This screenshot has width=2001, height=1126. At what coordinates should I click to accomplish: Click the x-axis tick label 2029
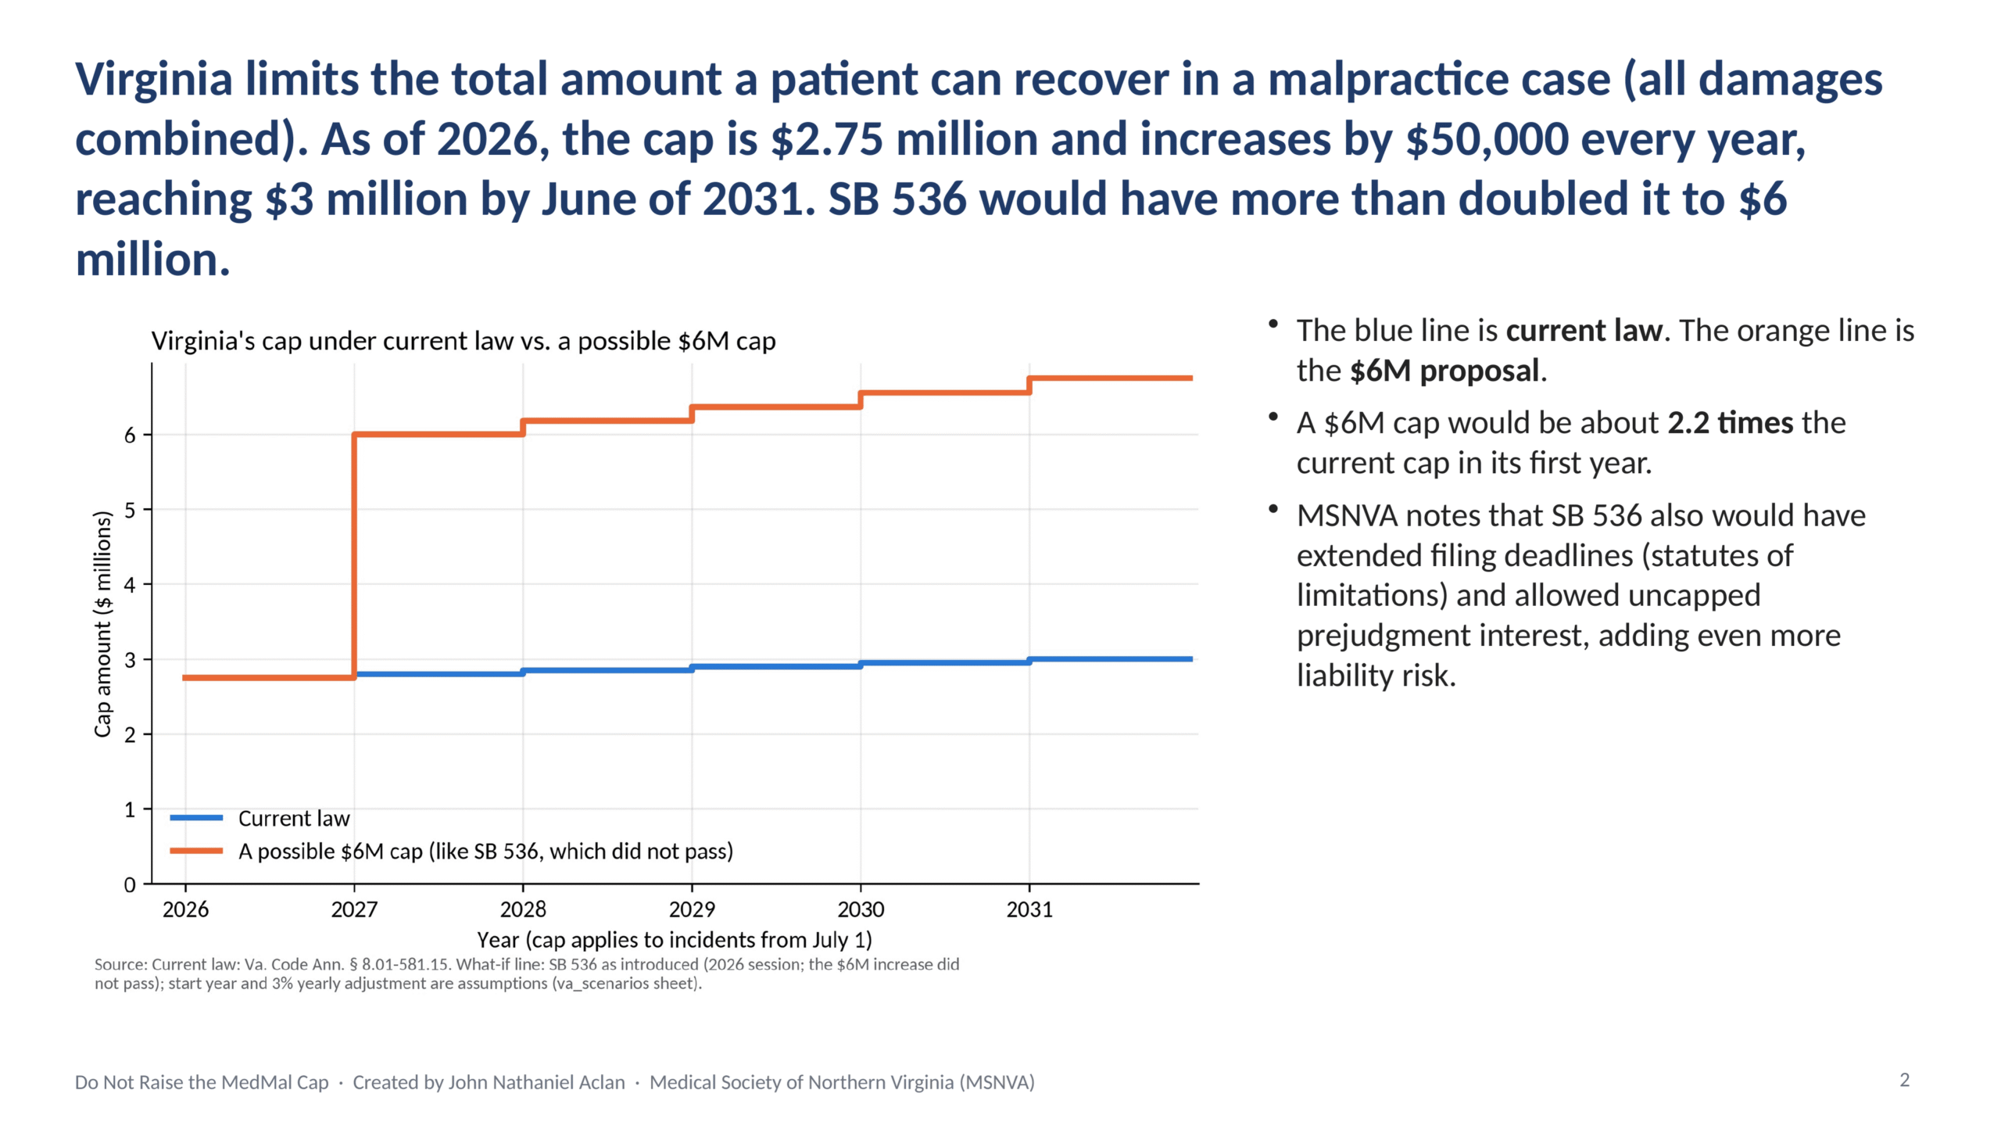point(692,909)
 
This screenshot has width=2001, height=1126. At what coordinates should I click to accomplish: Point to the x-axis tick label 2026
point(185,909)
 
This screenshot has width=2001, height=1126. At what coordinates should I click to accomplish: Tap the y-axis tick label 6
point(130,435)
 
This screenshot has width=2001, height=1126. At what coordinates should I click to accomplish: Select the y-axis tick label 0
point(130,884)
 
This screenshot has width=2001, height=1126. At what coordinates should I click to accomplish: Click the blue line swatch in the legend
point(196,818)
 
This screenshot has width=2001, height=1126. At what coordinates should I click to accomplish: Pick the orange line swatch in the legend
point(196,851)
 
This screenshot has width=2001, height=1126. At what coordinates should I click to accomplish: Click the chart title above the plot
point(464,341)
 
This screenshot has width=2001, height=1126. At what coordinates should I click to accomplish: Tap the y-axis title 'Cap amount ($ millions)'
point(103,624)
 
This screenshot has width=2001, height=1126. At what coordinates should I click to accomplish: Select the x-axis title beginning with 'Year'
point(675,939)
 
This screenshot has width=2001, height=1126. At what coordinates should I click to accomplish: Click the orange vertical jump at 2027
point(354,555)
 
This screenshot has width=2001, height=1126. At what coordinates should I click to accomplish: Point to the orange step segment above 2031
point(1111,378)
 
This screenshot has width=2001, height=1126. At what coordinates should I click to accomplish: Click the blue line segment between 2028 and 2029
point(607,670)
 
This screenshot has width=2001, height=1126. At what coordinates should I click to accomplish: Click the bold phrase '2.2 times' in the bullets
point(1730,423)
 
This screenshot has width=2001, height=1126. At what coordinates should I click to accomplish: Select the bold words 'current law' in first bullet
point(1584,331)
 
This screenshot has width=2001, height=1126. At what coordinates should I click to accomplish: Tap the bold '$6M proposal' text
point(1444,371)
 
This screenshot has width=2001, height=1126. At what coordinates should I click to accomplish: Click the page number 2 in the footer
point(1905,1080)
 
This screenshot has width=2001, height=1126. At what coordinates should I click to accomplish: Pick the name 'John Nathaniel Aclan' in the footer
point(537,1082)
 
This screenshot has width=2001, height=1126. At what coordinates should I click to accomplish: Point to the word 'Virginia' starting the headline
point(154,80)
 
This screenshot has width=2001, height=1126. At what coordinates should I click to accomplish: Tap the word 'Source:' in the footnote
point(120,965)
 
